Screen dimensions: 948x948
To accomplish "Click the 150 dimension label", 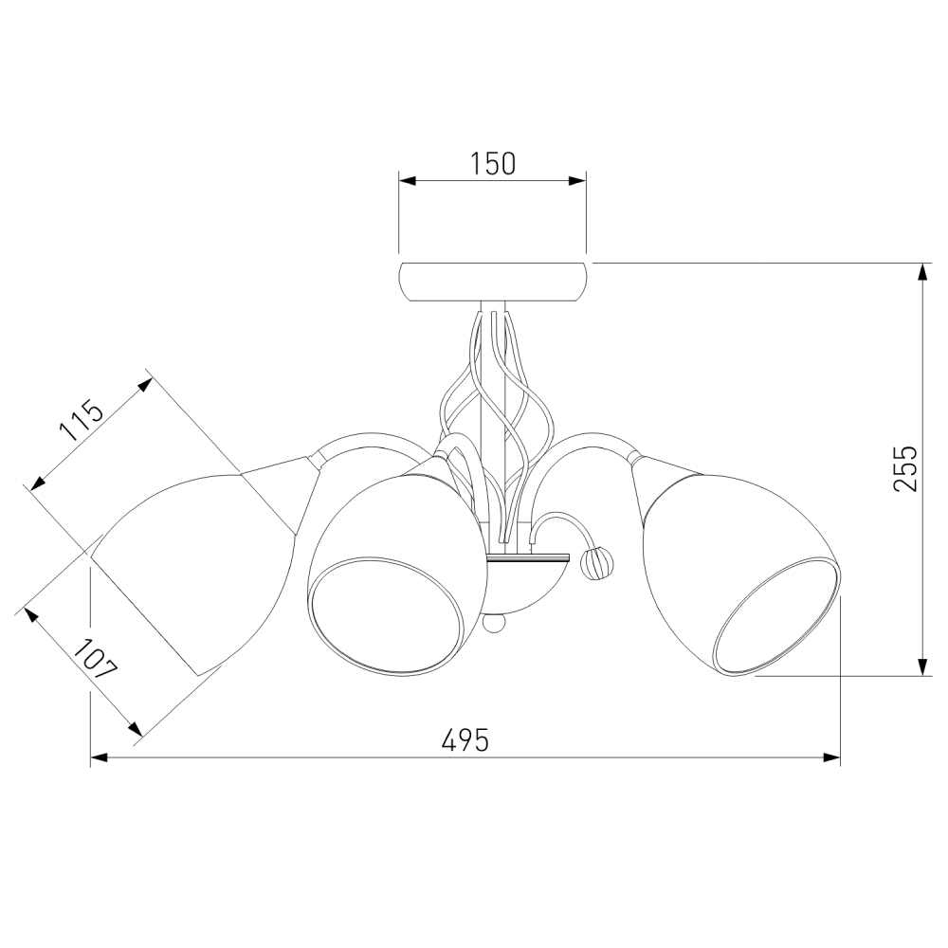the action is click(492, 164).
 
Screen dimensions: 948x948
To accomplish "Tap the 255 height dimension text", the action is click(905, 468).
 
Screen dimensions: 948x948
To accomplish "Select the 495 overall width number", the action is click(465, 739).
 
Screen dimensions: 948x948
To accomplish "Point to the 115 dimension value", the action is click(82, 421).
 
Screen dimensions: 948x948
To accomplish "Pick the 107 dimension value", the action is click(95, 659).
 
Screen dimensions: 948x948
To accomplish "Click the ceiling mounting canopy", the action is click(492, 282).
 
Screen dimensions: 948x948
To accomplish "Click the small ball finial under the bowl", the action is click(493, 624).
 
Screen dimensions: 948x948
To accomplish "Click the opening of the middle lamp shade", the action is click(387, 614).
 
